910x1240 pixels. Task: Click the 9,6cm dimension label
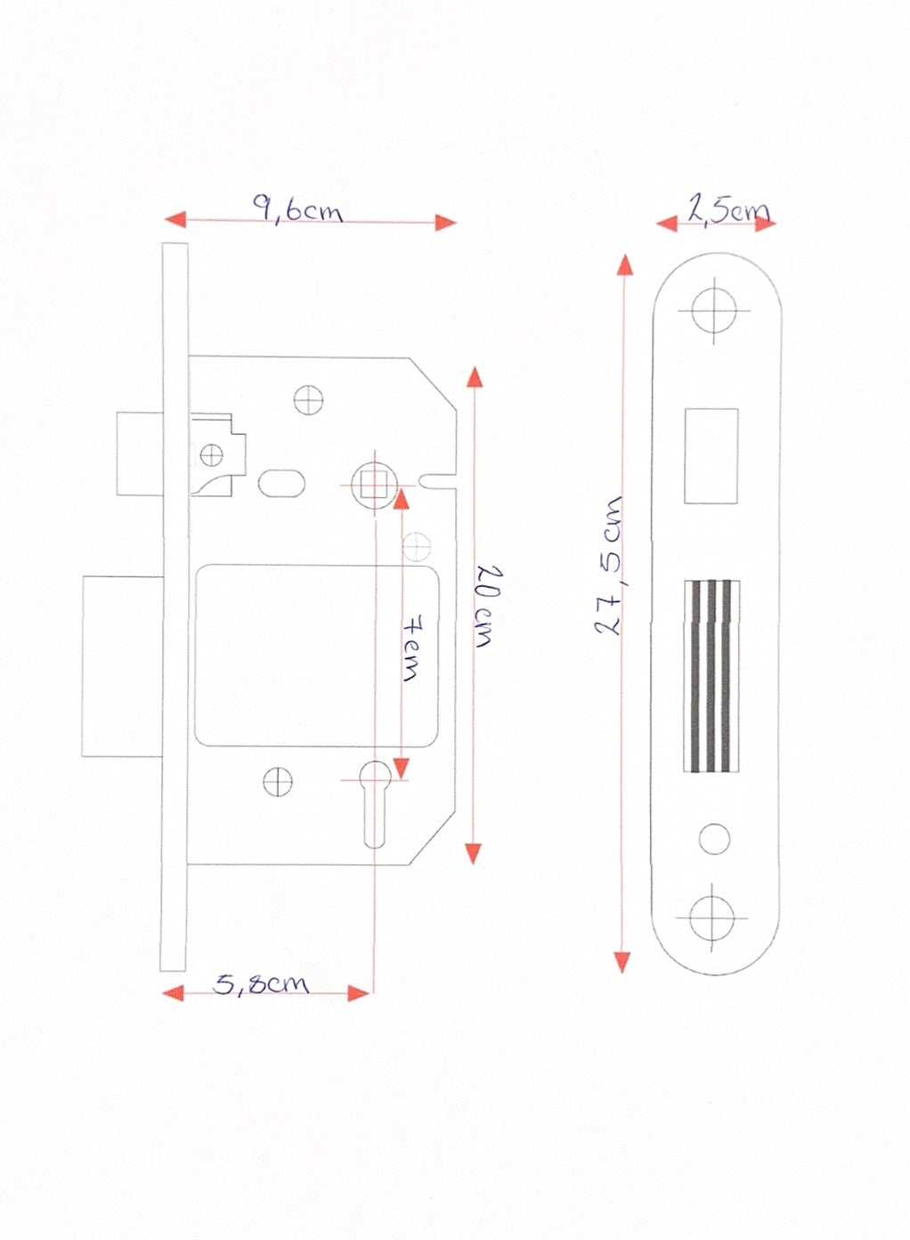click(x=297, y=208)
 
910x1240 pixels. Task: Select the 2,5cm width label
click(x=729, y=210)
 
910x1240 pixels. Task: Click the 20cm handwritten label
click(x=487, y=606)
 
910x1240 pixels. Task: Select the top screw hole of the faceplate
click(x=714, y=310)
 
